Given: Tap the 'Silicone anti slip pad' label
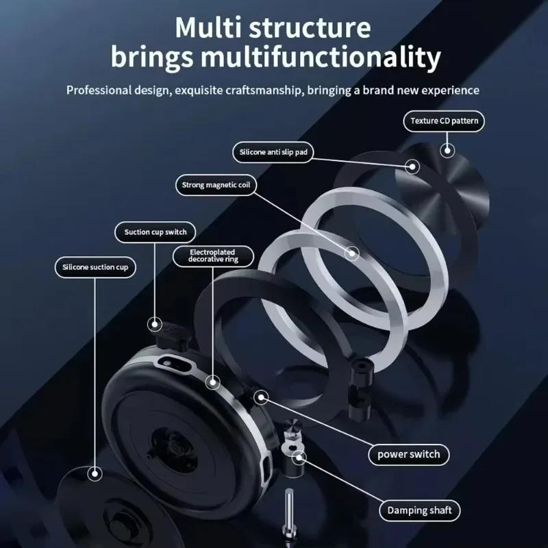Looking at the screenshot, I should (273, 152).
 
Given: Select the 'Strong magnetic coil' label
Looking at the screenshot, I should (214, 184).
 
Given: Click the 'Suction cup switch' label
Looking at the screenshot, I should (155, 232).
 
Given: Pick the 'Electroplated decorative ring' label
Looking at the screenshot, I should (212, 256).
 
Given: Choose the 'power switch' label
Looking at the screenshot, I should (409, 453).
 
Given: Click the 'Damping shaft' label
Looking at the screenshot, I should (420, 510).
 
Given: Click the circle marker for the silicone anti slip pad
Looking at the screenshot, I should (412, 165).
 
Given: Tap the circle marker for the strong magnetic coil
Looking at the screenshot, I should (352, 253).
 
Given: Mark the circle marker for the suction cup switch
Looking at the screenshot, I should (155, 323).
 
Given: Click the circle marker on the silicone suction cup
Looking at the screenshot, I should (94, 472).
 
